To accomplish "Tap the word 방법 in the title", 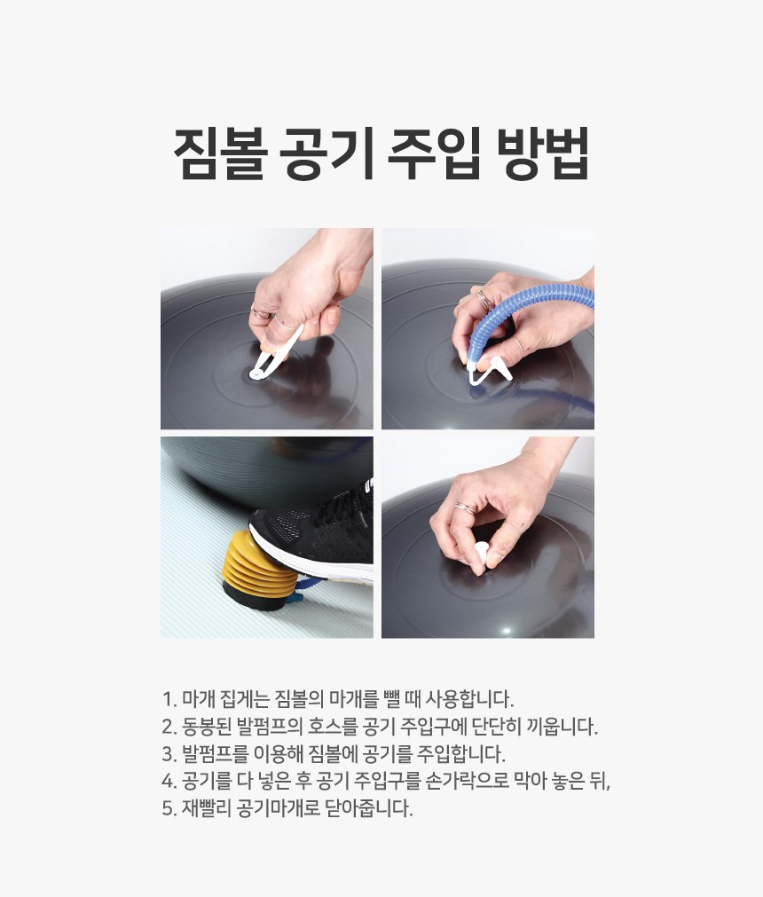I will click(540, 154).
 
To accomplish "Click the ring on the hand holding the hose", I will click(485, 301).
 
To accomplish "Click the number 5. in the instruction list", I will click(169, 809).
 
